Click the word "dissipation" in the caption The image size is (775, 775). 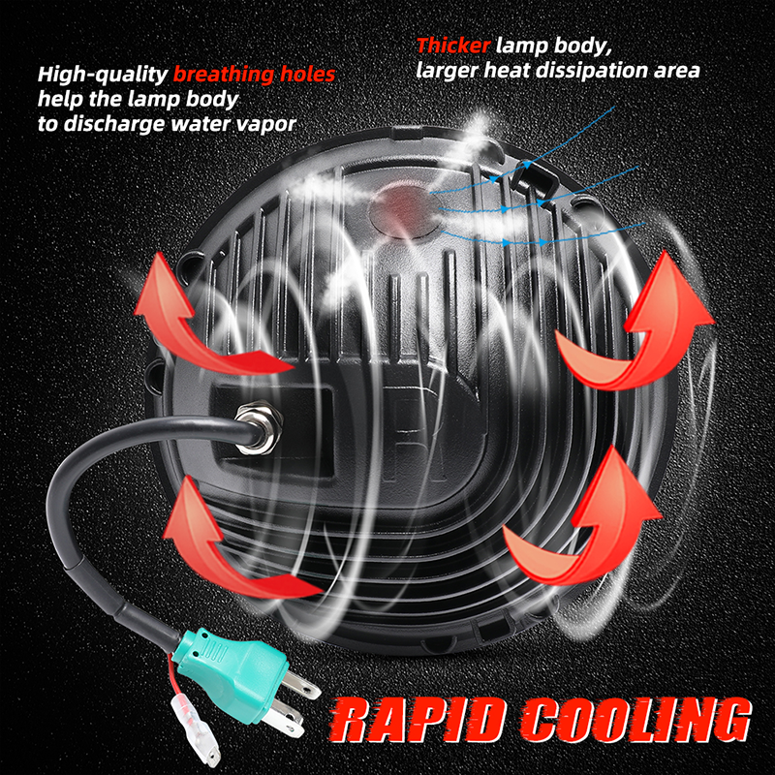(607, 71)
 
